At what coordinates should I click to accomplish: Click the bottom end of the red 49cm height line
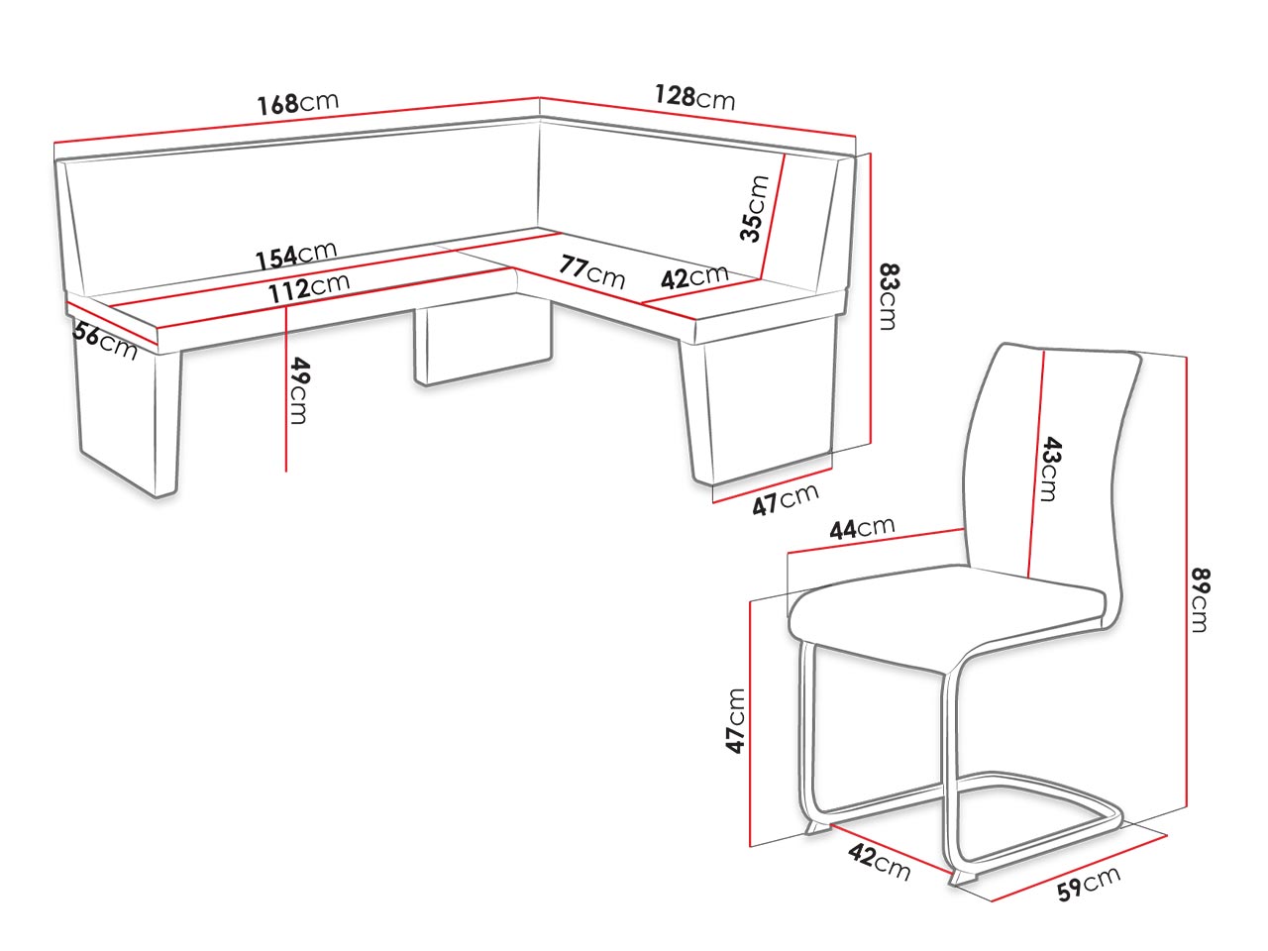click(x=286, y=472)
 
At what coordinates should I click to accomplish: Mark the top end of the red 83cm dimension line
click(x=870, y=154)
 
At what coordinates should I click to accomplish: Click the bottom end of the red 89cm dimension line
click(x=1186, y=806)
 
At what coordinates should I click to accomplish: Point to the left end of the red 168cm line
click(x=54, y=142)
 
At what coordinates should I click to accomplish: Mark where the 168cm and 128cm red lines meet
click(x=540, y=97)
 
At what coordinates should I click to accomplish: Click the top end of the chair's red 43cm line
click(x=1044, y=352)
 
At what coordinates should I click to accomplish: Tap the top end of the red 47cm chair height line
click(x=749, y=601)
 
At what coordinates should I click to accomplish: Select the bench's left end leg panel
click(x=127, y=415)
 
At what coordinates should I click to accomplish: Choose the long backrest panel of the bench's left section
click(x=300, y=208)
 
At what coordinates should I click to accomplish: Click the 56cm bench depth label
click(x=105, y=341)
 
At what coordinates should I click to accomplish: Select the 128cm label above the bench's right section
click(x=694, y=97)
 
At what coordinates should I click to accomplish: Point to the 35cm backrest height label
click(x=755, y=208)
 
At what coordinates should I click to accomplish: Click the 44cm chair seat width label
click(x=862, y=527)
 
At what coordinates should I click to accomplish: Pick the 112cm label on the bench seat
click(x=308, y=287)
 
